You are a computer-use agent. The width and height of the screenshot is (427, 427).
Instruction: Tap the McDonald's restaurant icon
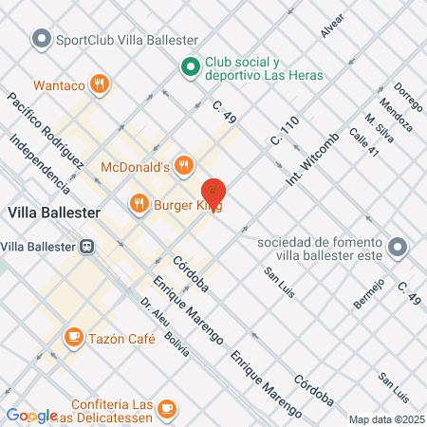click(184, 168)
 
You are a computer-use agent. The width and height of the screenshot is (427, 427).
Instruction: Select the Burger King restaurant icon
click(139, 203)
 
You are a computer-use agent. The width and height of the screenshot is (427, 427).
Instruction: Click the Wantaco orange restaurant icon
click(102, 85)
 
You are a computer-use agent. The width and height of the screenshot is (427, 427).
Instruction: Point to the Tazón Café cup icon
click(73, 337)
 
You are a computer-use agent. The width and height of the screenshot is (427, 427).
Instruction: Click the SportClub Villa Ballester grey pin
click(41, 40)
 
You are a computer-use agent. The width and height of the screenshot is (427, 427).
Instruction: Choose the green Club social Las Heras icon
click(190, 66)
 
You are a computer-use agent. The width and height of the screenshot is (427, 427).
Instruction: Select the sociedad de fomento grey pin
click(399, 249)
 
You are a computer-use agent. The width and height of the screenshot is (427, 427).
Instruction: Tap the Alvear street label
click(332, 28)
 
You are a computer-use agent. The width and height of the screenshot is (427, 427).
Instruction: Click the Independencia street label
click(39, 167)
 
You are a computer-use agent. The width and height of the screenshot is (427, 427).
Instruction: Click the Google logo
click(30, 416)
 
